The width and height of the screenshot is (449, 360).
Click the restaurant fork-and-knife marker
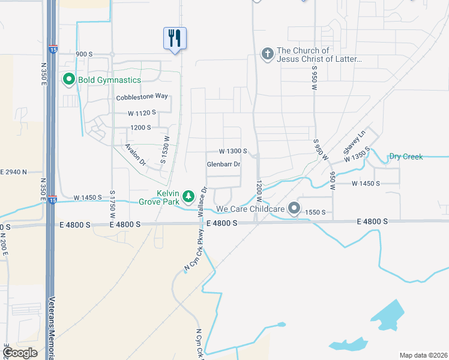tap(175, 38)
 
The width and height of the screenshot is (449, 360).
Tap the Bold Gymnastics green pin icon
tap(68, 79)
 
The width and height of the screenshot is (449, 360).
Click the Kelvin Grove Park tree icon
tap(188, 196)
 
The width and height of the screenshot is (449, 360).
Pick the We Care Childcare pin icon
tap(294, 208)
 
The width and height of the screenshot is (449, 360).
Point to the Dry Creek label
tap(406, 157)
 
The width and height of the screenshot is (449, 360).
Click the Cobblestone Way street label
tap(142, 97)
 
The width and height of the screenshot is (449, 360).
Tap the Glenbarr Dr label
tap(223, 164)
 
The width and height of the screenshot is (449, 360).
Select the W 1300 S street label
tap(233, 151)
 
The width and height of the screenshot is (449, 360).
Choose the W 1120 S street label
tap(142, 112)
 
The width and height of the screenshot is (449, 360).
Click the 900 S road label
tap(84, 54)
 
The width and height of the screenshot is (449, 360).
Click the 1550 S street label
tap(316, 212)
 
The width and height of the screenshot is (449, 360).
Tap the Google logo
tap(20, 353)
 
